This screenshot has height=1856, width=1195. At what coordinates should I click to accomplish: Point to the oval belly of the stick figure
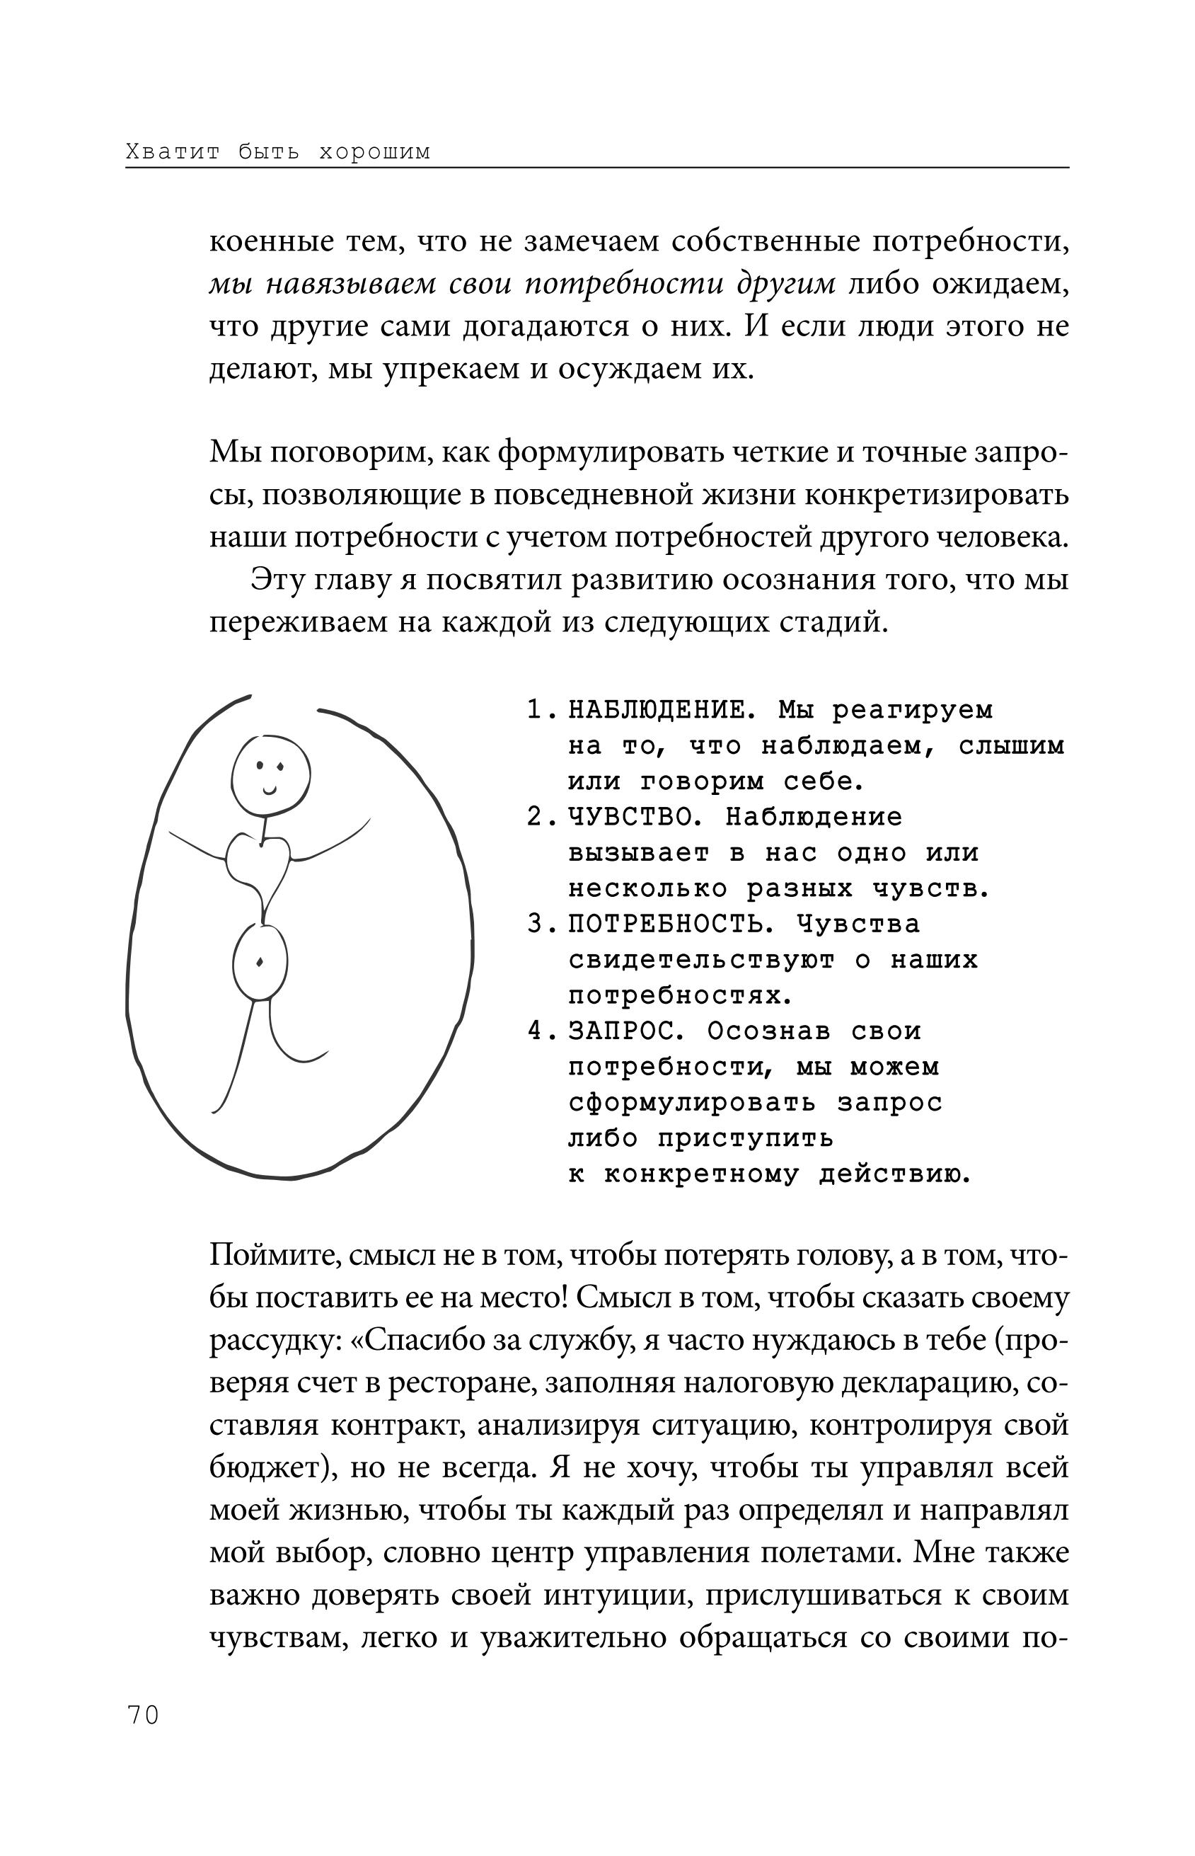[x=260, y=963]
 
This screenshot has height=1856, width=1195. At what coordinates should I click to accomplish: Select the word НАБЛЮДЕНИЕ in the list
[x=658, y=709]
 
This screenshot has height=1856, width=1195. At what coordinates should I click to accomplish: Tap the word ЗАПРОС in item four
[x=621, y=1031]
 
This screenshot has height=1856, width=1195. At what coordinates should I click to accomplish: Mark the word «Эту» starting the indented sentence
[x=272, y=580]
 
